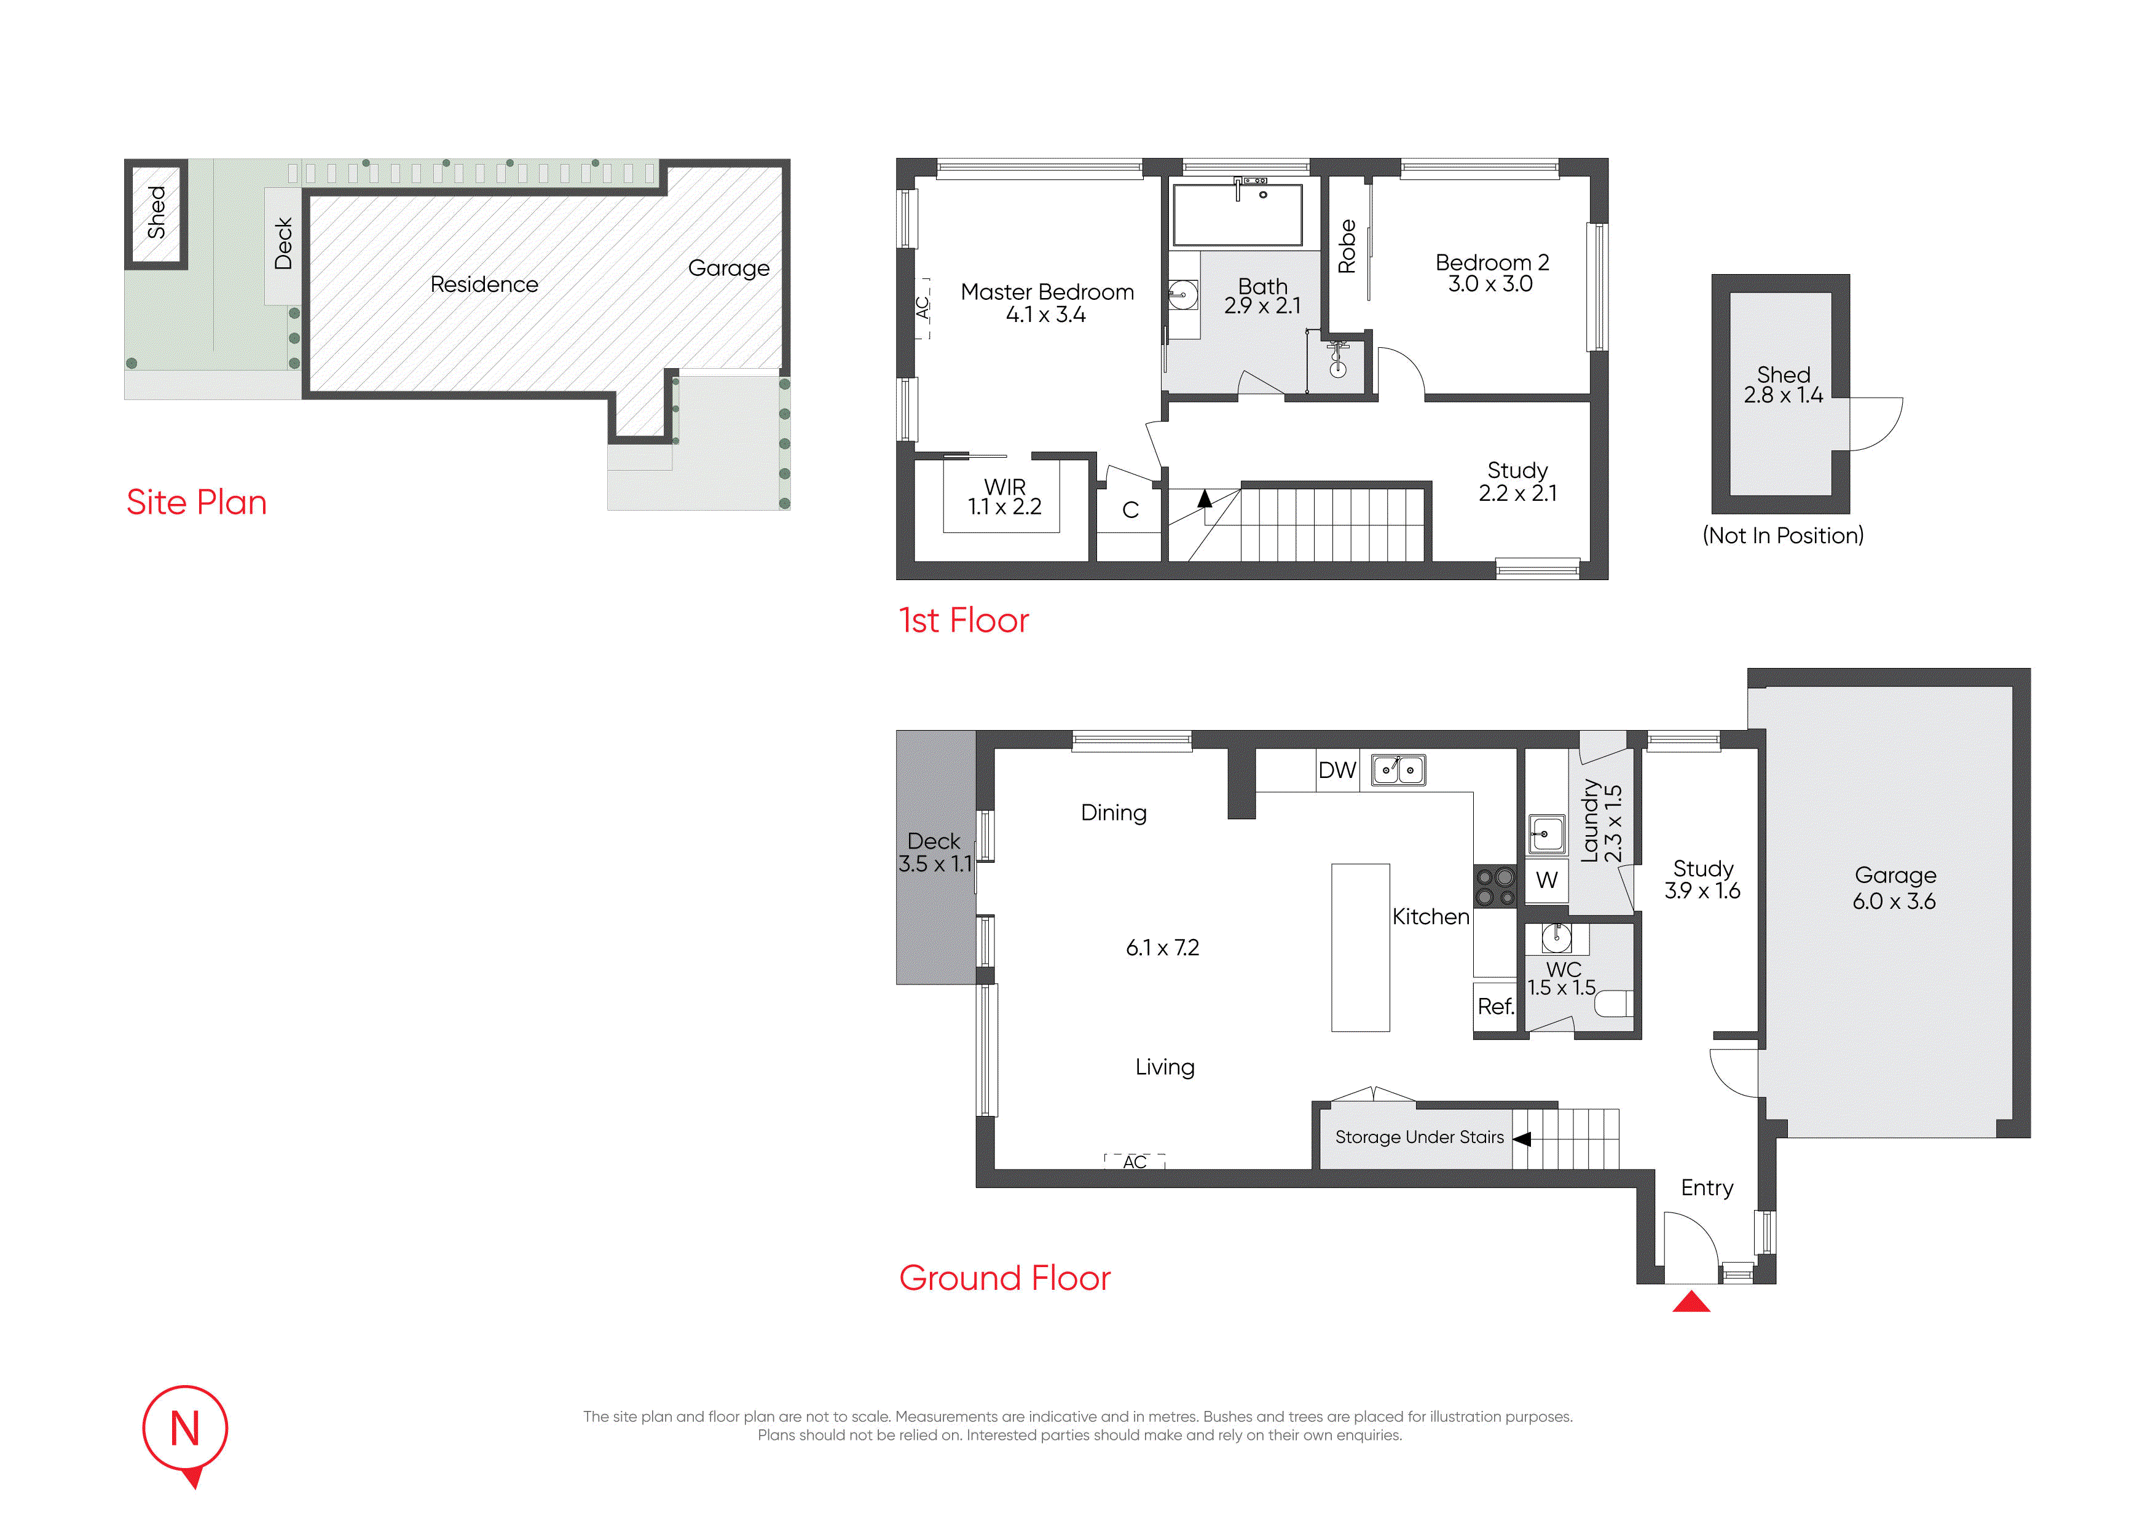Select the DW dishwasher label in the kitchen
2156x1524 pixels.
click(x=1337, y=771)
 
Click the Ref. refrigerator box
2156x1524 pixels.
click(x=1496, y=1007)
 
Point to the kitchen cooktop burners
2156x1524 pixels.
click(x=1496, y=887)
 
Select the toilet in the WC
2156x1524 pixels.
click(x=1614, y=1004)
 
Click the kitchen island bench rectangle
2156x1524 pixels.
click(x=1361, y=948)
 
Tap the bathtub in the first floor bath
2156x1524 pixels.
click(x=1238, y=215)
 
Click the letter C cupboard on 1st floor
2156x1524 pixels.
click(x=1131, y=510)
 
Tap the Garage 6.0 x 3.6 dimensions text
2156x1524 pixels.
click(x=1894, y=901)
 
